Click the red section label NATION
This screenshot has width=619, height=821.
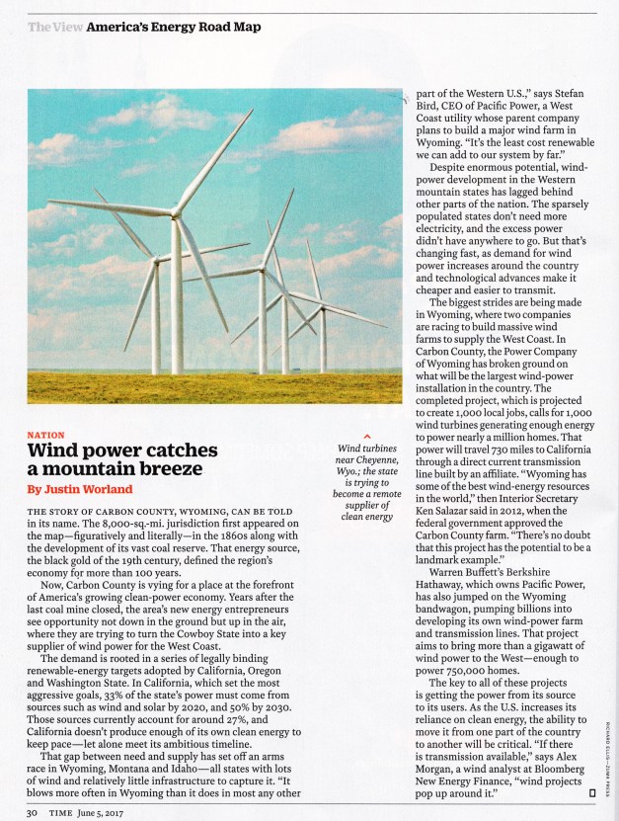(44, 433)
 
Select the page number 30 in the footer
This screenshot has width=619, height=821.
(32, 812)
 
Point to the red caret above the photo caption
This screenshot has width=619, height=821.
(366, 436)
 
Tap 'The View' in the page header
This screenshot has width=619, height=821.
(54, 27)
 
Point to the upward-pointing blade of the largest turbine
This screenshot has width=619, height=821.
(213, 161)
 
